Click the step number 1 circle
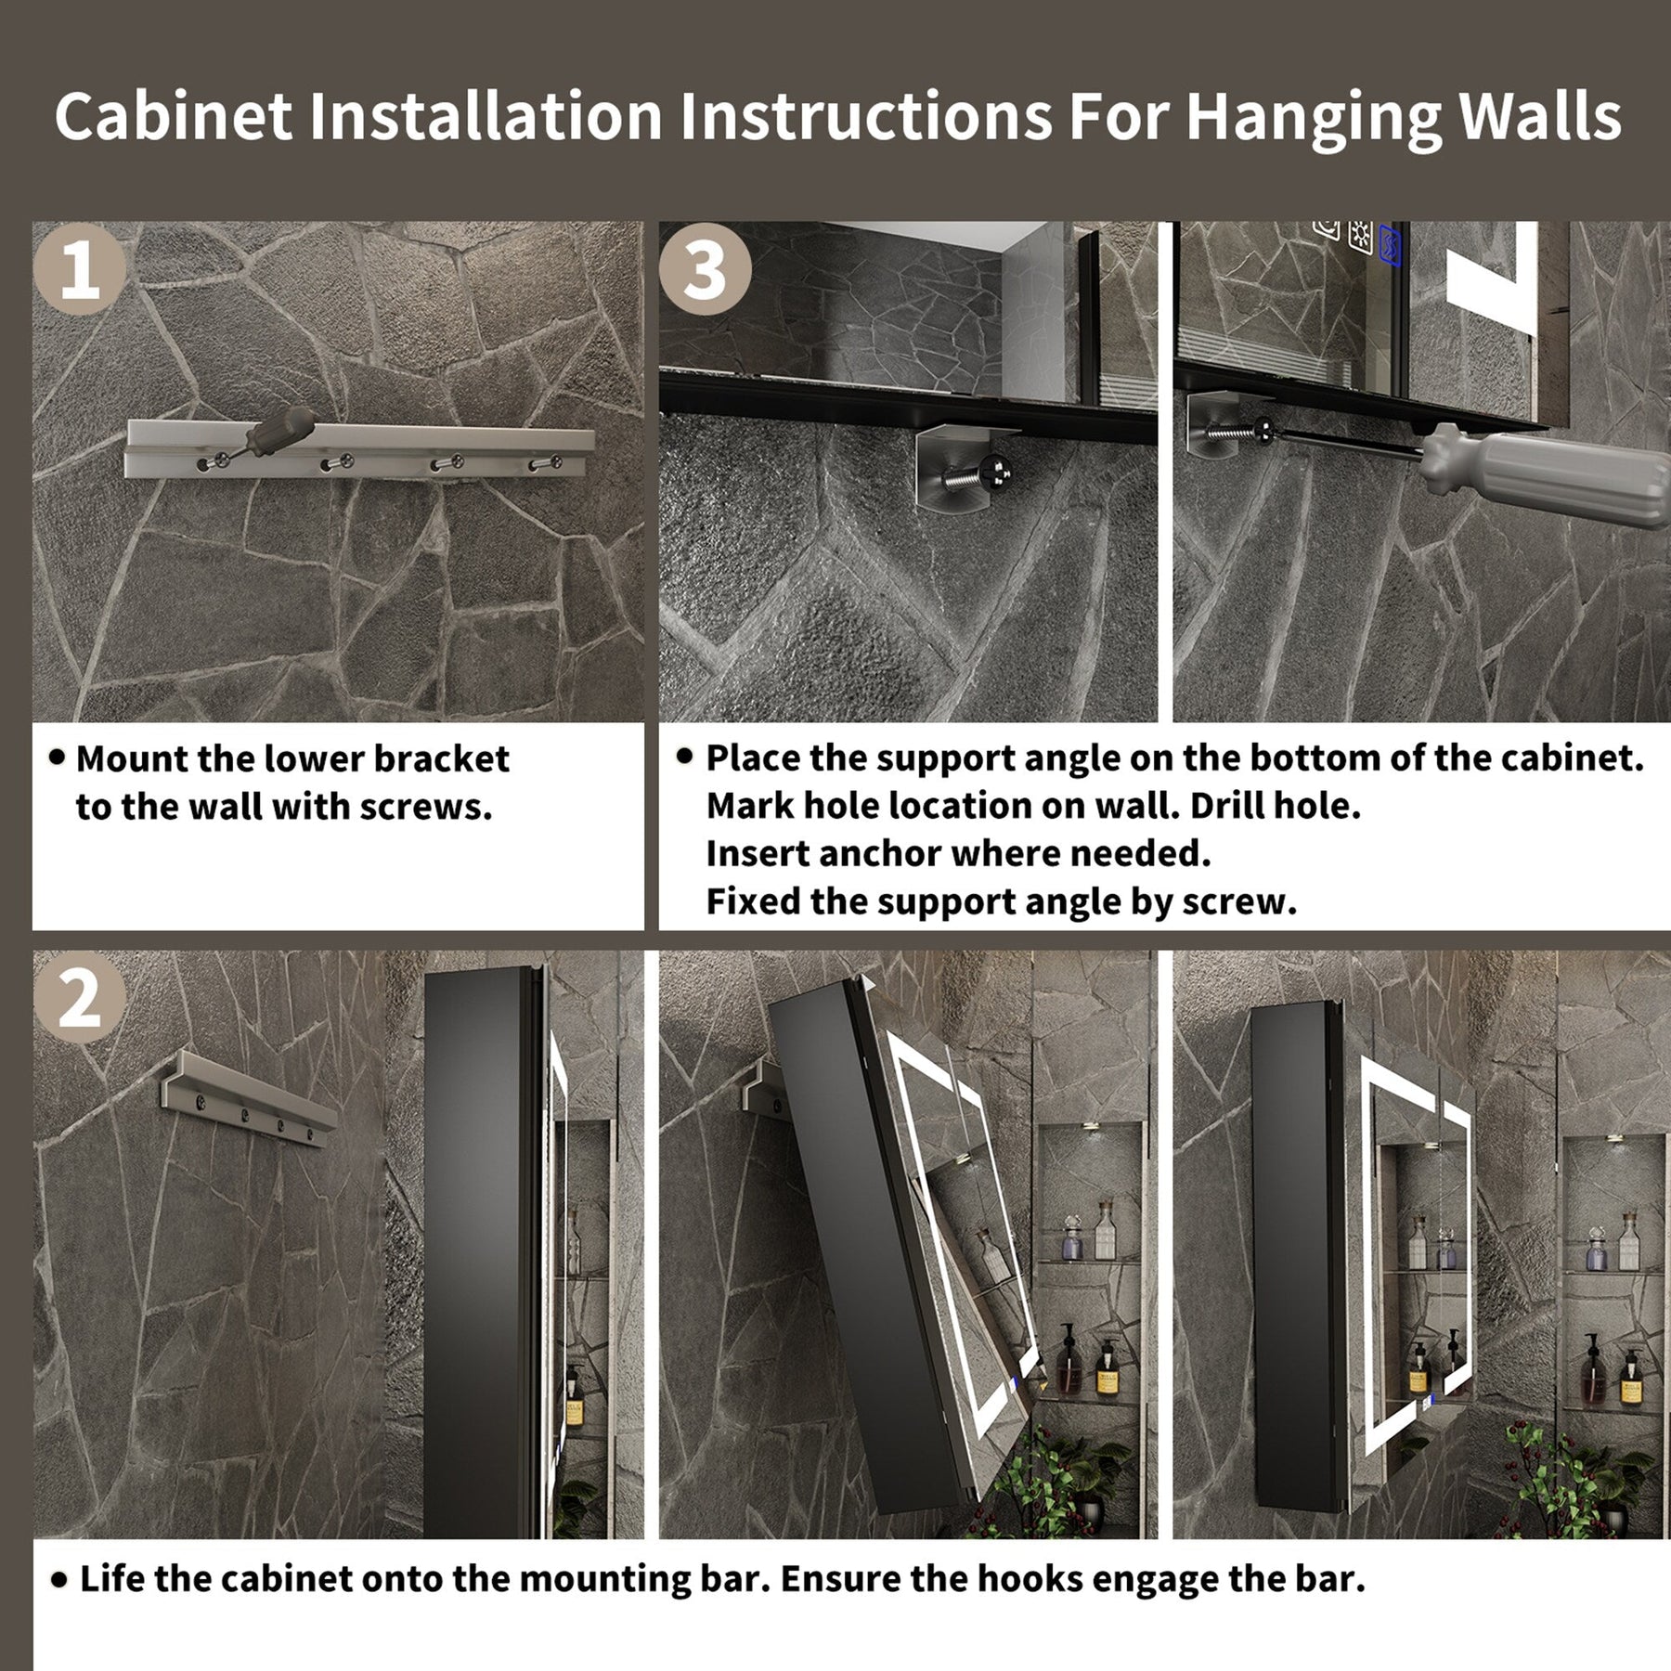79,269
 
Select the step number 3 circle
706,269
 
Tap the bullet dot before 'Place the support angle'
684,757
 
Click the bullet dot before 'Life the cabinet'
58,1578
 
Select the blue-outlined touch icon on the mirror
1392,243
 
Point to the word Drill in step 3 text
1225,806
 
